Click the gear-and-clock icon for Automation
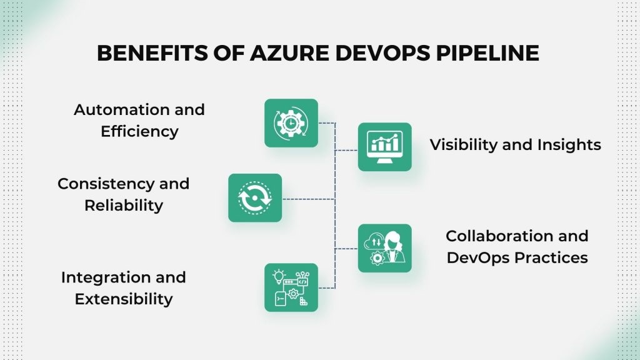(291, 123)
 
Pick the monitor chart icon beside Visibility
(385, 147)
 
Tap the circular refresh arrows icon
(255, 197)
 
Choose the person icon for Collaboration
(385, 248)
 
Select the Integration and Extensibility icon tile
(291, 287)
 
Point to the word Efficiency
(139, 131)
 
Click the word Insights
(569, 145)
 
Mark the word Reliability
(124, 205)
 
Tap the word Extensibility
(124, 299)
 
